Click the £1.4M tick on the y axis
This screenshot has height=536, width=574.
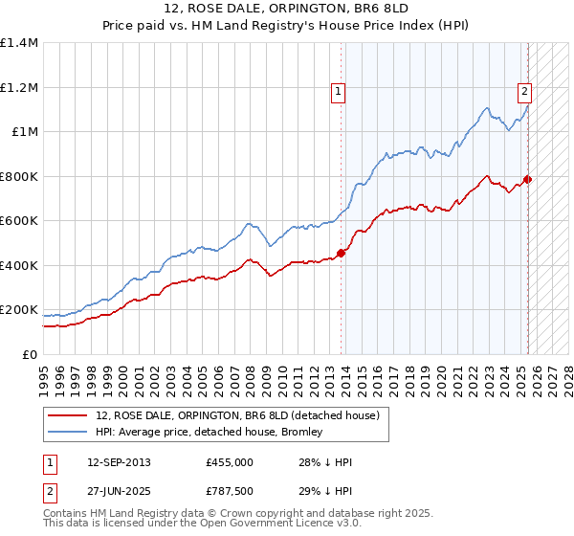[19, 43]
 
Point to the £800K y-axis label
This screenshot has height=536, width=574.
[19, 176]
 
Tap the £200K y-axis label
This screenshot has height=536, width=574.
[19, 310]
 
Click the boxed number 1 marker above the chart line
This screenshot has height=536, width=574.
[339, 92]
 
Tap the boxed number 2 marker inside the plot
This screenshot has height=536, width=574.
[525, 92]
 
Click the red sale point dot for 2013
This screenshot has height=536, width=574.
[341, 254]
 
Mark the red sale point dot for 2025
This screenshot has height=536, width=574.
[527, 179]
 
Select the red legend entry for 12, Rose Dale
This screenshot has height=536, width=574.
[238, 414]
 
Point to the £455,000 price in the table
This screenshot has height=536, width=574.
[229, 462]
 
